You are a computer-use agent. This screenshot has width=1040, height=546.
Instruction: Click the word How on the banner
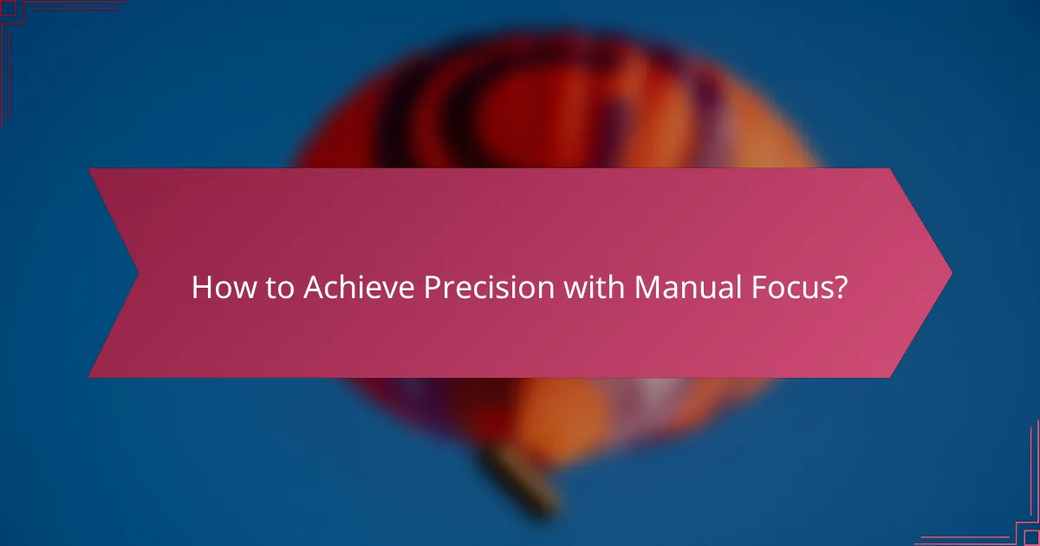[217, 288]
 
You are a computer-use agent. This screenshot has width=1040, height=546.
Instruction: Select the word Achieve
[358, 288]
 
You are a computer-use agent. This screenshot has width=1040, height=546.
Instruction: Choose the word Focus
[795, 288]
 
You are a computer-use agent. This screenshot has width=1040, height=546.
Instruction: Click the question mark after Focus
[839, 288]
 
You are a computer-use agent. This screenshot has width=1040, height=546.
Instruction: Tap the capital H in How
[200, 288]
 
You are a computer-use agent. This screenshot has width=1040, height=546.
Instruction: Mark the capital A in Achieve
[314, 288]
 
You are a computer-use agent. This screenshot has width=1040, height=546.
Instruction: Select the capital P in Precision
[431, 288]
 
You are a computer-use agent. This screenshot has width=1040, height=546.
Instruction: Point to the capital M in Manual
[647, 288]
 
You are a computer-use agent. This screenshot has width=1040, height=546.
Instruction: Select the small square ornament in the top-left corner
[8, 8]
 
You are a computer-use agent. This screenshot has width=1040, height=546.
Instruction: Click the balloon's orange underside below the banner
[555, 416]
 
